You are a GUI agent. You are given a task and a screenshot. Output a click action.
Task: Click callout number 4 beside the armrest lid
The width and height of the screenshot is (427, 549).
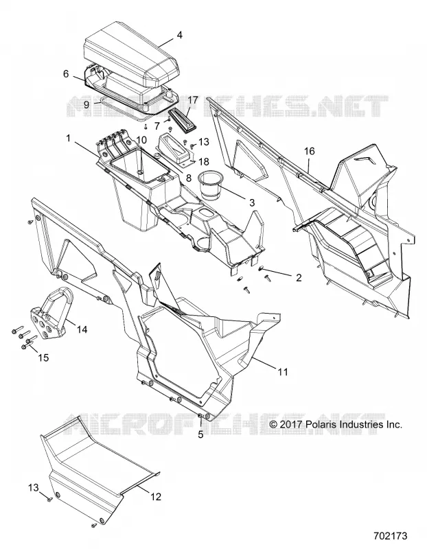tap(179, 36)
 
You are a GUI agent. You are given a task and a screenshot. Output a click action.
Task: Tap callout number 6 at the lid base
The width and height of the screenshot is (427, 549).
tap(66, 74)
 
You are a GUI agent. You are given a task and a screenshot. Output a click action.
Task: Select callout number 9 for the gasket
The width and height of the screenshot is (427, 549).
tap(87, 104)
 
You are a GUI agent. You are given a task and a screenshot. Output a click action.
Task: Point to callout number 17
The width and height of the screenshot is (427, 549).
tap(193, 100)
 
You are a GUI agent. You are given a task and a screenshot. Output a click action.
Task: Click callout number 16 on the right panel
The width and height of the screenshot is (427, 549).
tap(310, 151)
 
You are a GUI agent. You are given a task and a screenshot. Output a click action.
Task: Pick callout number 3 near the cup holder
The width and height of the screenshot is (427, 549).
tap(251, 202)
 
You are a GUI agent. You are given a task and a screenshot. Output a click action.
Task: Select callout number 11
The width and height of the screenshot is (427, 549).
tap(283, 371)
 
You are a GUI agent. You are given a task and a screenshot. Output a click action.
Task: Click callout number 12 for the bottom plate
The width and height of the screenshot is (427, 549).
tap(156, 496)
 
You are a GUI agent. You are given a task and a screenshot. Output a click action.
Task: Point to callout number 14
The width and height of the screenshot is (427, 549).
tap(82, 329)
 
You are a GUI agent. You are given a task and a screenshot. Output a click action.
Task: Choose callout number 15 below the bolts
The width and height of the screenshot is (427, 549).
tap(43, 358)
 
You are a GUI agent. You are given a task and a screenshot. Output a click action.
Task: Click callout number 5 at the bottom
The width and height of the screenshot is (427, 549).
tap(200, 434)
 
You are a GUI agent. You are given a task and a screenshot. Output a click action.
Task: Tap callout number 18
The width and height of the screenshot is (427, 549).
tap(203, 161)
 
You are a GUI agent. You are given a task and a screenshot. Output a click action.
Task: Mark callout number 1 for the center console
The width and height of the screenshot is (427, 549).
tap(69, 139)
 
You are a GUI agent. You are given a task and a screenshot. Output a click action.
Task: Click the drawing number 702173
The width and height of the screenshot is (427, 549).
tap(390, 536)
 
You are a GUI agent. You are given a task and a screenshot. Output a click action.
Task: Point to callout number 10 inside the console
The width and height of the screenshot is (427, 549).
tap(141, 140)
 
